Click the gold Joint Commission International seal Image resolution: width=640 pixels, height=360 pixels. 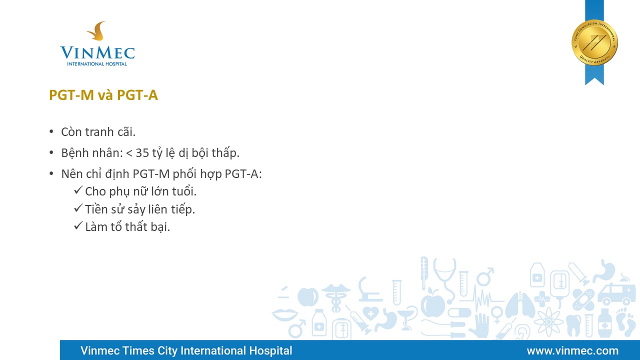[594, 42]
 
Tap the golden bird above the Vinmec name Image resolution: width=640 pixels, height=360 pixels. [97, 31]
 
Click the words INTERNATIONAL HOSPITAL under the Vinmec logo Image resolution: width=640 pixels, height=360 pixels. [97, 64]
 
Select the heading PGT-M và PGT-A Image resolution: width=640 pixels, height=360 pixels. [103, 95]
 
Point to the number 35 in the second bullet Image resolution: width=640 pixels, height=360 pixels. [142, 153]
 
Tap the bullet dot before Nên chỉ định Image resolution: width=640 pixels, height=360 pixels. [51, 173]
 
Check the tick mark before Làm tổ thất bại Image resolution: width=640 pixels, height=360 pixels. [78, 225]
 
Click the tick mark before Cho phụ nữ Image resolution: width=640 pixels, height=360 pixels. [78, 190]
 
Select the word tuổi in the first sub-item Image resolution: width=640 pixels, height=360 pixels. [184, 191]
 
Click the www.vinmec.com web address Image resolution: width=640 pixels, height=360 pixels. [572, 350]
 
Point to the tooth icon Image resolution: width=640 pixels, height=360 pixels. [573, 325]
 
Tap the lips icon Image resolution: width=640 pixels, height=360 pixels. [285, 314]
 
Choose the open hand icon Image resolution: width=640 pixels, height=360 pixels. [480, 325]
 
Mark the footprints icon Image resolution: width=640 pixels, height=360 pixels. [625, 322]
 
